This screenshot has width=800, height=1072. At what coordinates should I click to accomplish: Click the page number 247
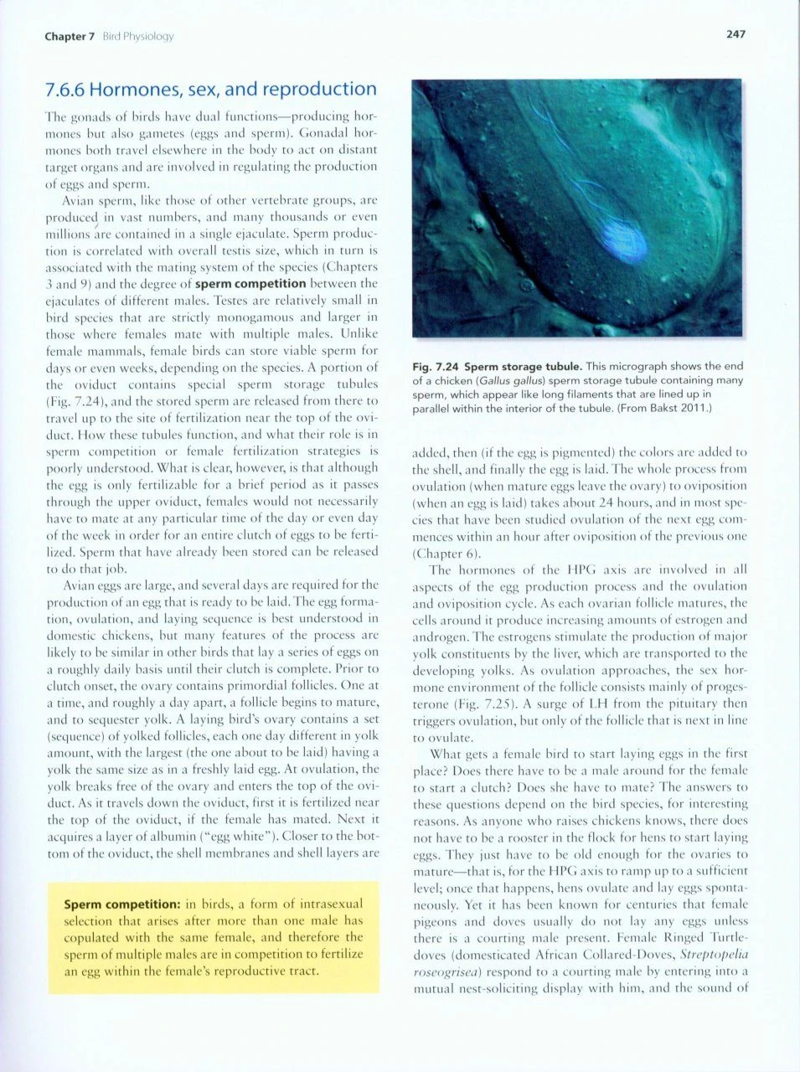[735, 34]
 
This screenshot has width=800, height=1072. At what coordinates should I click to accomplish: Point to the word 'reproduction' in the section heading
[321, 90]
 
